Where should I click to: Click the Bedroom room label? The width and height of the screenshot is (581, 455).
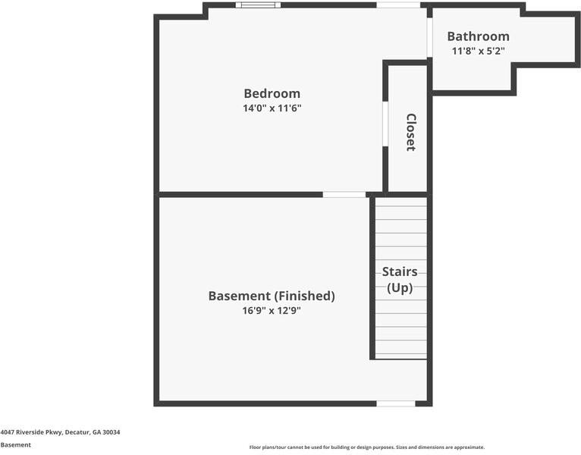pos(272,93)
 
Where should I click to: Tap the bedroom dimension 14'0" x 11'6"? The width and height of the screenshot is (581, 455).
pos(272,108)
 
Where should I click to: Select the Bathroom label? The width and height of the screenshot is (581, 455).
pos(478,36)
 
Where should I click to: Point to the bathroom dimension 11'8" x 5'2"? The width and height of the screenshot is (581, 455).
pos(478,52)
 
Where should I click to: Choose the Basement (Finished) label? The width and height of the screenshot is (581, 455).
pos(272,296)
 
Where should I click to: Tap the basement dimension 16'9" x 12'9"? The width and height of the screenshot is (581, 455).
pos(272,310)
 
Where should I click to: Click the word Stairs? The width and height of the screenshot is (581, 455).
pos(400,271)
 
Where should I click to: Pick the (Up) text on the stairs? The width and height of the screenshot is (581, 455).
pos(400,287)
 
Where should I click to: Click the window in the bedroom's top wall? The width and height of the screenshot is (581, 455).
pos(258,5)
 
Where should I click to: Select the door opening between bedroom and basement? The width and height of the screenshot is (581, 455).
pos(344,194)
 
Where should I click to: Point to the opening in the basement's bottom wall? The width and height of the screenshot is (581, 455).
pos(396,403)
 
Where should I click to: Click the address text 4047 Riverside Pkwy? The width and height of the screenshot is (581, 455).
pos(31,432)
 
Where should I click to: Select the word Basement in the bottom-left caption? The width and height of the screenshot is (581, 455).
pos(16,445)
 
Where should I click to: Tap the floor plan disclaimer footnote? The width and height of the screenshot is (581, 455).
pos(366,447)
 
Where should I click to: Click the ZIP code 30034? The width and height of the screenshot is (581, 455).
pos(111,432)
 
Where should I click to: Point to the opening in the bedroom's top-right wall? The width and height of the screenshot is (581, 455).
pos(398,5)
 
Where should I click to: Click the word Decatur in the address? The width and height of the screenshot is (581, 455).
pos(76,432)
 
